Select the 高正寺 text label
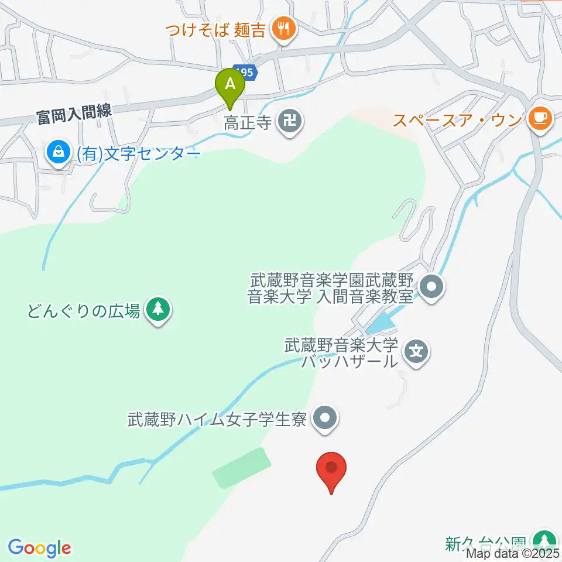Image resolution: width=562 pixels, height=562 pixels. coord(249,122)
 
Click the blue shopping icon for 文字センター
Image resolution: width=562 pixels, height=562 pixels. coord(59,153)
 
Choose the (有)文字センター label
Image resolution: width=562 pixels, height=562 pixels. coord(138,154)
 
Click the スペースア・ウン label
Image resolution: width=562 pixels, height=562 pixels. coord(457,120)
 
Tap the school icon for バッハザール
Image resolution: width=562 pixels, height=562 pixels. coord(416,352)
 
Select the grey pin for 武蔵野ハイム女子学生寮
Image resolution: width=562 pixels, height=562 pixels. coord(325,419)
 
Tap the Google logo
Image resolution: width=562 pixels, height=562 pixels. coord(40,548)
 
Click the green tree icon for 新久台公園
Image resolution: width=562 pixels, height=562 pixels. coord(544,540)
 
